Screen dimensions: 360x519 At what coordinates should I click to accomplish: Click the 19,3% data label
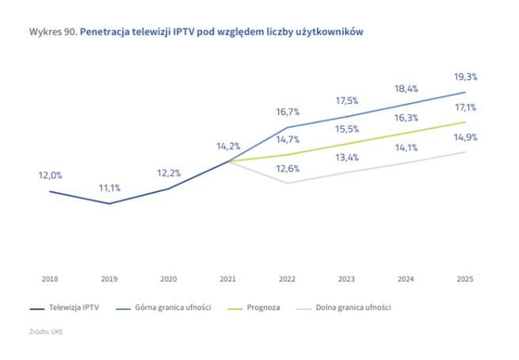point(465,77)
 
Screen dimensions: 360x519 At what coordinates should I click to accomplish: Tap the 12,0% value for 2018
point(50,175)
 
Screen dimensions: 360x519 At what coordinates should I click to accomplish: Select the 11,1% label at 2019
point(109,188)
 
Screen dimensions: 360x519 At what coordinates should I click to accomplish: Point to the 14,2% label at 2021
point(228,146)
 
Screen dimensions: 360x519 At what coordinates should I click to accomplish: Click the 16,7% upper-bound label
point(288,112)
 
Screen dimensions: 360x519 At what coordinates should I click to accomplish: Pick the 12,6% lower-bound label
point(288,168)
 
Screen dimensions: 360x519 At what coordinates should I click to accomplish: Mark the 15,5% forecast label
point(346,128)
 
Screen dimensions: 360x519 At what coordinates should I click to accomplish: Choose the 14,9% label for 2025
point(465,136)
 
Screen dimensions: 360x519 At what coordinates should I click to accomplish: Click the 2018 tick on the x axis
point(50,279)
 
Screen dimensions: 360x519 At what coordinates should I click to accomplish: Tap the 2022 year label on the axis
point(288,279)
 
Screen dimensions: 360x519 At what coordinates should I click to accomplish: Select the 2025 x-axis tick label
point(465,279)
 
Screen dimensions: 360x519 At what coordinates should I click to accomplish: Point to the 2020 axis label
point(169,279)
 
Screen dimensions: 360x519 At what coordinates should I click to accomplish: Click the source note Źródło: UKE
point(45,331)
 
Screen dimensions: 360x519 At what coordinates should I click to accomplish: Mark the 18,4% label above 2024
point(406,89)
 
